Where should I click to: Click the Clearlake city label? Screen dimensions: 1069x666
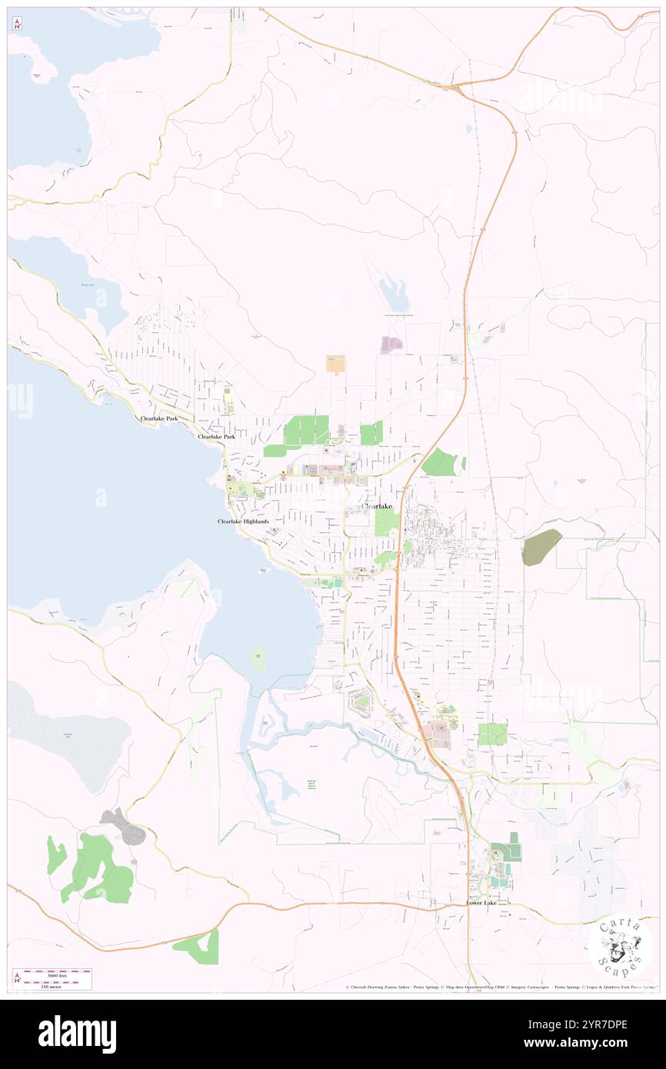coord(377,506)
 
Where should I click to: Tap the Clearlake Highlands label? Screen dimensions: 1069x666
coord(243,521)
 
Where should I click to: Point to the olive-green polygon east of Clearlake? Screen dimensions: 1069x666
coord(541,547)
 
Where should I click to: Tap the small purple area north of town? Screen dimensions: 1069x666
coord(391,345)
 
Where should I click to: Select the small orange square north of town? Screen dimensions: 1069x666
coord(335,364)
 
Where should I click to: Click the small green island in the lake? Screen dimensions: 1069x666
coord(259,658)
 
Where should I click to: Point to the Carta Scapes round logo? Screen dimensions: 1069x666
coord(620,945)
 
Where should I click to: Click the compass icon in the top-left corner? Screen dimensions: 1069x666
coord(16,24)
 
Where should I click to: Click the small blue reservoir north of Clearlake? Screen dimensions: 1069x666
coord(394,293)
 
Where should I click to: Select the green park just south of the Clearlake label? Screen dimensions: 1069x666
coord(387,524)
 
